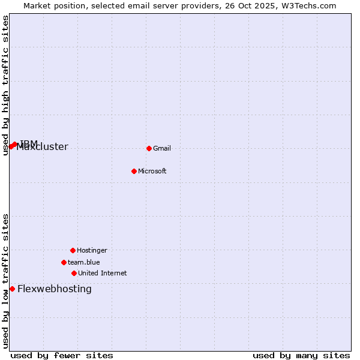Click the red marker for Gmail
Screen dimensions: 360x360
(149, 148)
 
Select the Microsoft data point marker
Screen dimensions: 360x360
(134, 171)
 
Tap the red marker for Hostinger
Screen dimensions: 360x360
(73, 250)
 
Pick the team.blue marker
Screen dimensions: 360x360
(64, 262)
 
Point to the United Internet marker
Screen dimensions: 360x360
(74, 273)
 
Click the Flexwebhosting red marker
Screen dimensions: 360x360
(12, 289)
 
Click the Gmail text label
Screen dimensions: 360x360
(162, 148)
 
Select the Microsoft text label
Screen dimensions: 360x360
(152, 171)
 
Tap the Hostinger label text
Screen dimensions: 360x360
(92, 250)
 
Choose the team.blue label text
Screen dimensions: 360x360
(83, 262)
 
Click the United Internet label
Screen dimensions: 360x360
(102, 273)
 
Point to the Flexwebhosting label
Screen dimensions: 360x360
(55, 289)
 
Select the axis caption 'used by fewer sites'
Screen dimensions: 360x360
(62, 355)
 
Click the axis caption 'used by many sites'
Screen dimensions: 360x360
(301, 355)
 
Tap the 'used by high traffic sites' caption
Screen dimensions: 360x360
(5, 85)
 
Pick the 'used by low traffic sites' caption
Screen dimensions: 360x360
(5, 281)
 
